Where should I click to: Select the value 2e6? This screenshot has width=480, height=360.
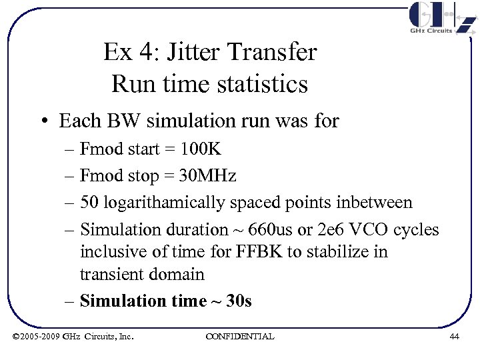325,229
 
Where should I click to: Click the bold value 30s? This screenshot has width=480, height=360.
239,301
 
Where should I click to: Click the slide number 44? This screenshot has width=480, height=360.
454,337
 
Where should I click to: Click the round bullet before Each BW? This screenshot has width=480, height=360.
43,121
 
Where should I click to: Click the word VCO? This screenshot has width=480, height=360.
367,229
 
